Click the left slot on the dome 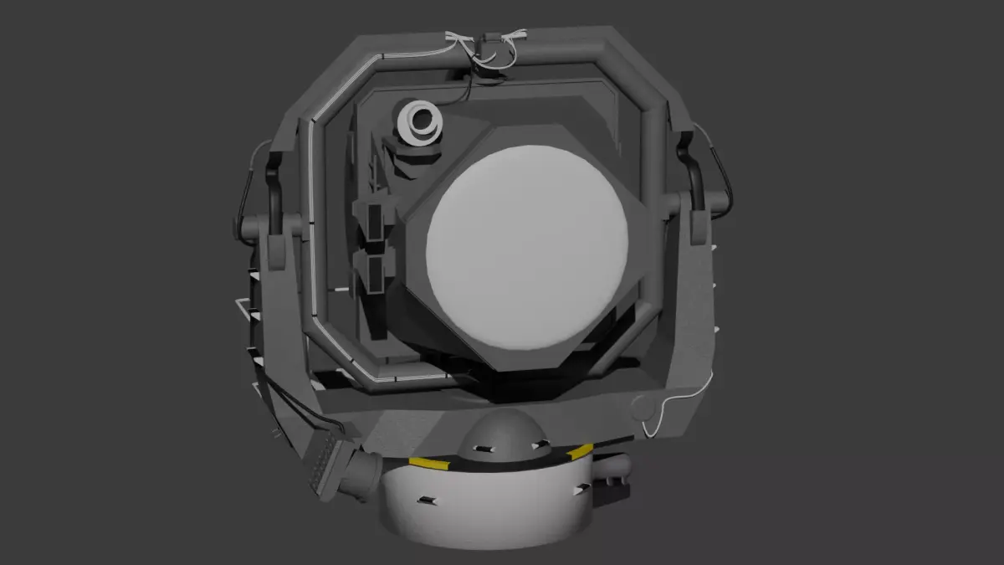click(x=480, y=449)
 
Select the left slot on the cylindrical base click(x=427, y=501)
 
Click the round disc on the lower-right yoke click(x=643, y=408)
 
